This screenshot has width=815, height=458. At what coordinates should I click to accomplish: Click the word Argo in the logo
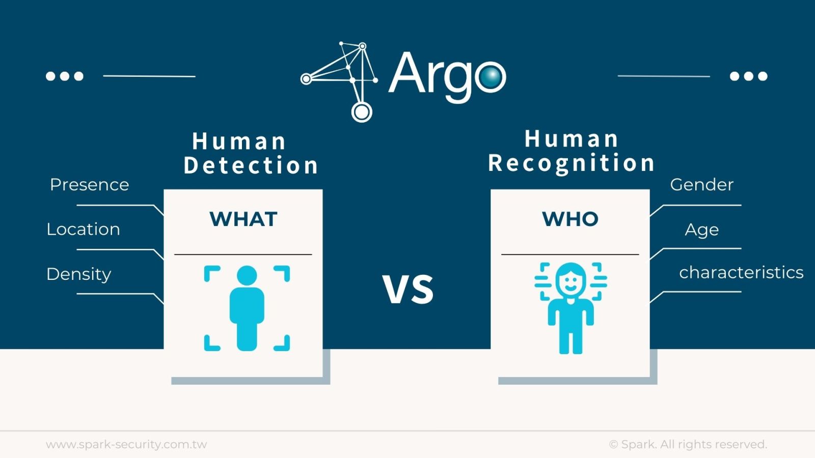[x=447, y=75]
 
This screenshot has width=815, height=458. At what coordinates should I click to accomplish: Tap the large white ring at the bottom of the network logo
[x=362, y=111]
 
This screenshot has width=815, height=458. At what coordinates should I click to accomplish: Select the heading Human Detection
[x=251, y=153]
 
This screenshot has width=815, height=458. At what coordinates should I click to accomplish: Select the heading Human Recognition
[x=571, y=151]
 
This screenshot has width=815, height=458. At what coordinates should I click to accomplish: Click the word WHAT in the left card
[x=243, y=219]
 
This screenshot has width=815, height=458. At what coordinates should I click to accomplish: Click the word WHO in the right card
[x=570, y=219]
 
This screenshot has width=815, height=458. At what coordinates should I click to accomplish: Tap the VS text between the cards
[x=408, y=290]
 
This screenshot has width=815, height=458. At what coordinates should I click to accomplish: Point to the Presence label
[x=89, y=185]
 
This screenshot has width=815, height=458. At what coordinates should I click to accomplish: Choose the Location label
[x=83, y=230]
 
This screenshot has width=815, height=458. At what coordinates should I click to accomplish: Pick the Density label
[x=78, y=274]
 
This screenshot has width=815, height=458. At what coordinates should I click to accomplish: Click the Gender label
[x=701, y=185]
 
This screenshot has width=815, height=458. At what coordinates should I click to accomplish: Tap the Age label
[x=701, y=230]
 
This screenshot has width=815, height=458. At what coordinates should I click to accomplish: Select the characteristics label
[x=741, y=273]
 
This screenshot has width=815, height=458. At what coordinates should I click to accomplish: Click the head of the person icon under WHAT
[x=247, y=276]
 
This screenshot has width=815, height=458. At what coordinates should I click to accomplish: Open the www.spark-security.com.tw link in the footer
[x=126, y=444]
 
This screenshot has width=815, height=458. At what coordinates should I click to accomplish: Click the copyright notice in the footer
[x=688, y=444]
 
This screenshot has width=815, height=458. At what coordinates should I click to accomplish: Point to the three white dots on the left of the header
[x=64, y=76]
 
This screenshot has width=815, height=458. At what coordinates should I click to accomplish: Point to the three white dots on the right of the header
[x=748, y=76]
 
